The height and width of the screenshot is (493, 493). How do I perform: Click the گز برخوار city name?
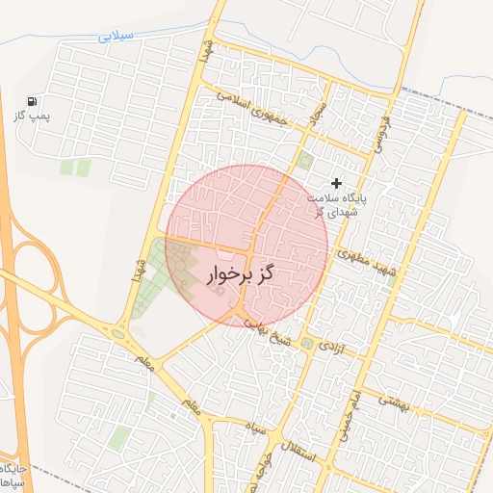tap(240, 274)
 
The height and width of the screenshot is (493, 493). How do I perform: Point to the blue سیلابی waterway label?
tap(118, 38)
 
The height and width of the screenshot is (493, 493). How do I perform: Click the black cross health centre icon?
tap(336, 182)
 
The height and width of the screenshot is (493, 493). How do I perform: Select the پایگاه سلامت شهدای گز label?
tap(338, 204)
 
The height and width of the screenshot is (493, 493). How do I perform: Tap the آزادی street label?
tap(330, 345)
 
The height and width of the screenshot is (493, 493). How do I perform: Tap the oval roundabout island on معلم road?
tap(117, 334)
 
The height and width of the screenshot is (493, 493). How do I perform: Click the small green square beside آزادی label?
tap(306, 343)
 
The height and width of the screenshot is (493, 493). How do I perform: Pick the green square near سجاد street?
tap(305, 160)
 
